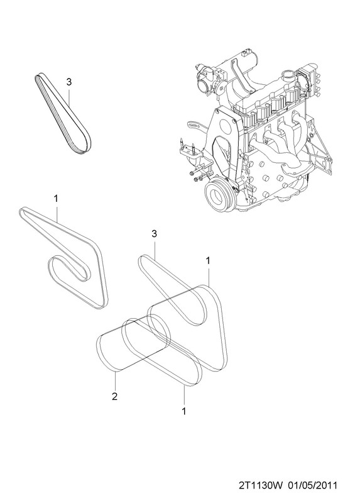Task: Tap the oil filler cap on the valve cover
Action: click(x=286, y=76)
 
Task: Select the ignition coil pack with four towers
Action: click(x=310, y=81)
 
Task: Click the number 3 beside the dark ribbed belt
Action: click(x=69, y=82)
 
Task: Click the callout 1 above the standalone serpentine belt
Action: click(x=56, y=199)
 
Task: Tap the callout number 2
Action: click(x=114, y=396)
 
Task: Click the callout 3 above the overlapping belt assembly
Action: click(x=154, y=234)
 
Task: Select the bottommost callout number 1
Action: click(x=183, y=411)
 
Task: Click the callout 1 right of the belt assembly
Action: click(x=208, y=261)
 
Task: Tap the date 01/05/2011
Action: click(x=314, y=485)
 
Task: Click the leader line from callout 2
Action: click(x=115, y=380)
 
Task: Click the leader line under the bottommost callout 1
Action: click(x=184, y=395)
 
